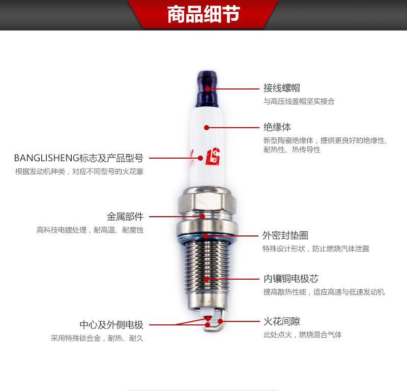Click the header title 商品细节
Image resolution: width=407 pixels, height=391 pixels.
pyautogui.click(x=203, y=14)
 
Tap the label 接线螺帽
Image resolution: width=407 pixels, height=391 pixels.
pyautogui.click(x=282, y=88)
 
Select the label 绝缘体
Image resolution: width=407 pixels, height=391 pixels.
pyautogui.click(x=277, y=127)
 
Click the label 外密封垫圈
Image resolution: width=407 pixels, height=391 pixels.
pyautogui.click(x=285, y=235)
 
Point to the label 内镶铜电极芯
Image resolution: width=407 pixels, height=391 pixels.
pyautogui.click(x=291, y=279)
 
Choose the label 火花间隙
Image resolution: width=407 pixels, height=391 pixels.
pyautogui.click(x=282, y=321)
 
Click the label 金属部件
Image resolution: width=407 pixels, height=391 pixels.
pyautogui.click(x=125, y=217)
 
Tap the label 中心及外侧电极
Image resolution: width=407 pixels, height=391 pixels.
pyautogui.click(x=111, y=324)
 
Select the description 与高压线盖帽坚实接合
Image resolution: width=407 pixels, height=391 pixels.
pyautogui.click(x=299, y=101)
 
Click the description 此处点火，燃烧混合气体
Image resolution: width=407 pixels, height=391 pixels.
pyautogui.click(x=303, y=335)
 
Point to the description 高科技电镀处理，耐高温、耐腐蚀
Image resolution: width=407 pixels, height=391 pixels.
pyautogui.click(x=90, y=230)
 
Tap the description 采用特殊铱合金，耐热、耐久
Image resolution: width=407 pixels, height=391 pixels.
pyautogui.click(x=97, y=338)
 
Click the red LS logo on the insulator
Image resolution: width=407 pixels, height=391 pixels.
pyautogui.click(x=213, y=157)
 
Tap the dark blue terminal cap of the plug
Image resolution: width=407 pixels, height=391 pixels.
pyautogui.click(x=207, y=89)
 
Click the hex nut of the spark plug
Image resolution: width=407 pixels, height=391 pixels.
pyautogui.click(x=207, y=201)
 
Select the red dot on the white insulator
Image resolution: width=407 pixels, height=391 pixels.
pyautogui.click(x=207, y=128)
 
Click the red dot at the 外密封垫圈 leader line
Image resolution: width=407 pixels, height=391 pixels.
pyautogui.click(x=206, y=236)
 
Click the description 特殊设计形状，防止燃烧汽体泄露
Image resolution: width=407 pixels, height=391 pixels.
pyautogui.click(x=315, y=249)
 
